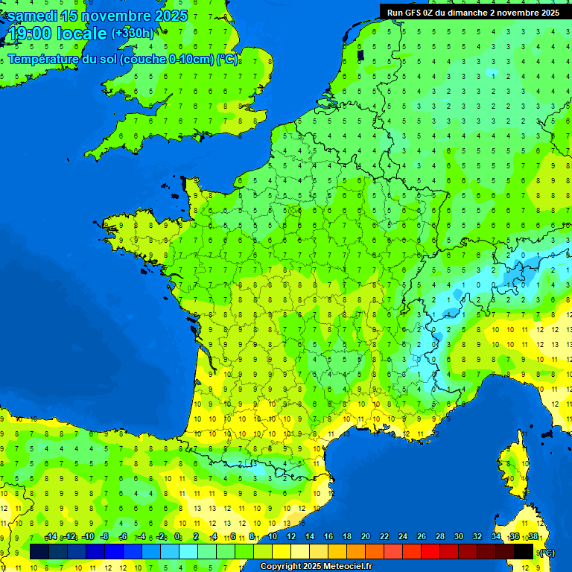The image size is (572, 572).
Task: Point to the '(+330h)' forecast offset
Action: [x=132, y=34]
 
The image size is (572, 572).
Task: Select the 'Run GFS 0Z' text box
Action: [x=474, y=12]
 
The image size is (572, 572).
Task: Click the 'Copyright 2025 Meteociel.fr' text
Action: [x=316, y=566]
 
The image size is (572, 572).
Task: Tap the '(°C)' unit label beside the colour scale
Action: [x=546, y=552]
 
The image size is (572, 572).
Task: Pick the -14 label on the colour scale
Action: [x=51, y=537]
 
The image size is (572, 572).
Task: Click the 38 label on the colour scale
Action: [x=533, y=537]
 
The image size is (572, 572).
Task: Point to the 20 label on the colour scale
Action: [x=365, y=537]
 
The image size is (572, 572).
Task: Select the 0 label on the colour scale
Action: [x=177, y=537]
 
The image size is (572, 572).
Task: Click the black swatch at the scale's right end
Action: [x=524, y=551]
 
